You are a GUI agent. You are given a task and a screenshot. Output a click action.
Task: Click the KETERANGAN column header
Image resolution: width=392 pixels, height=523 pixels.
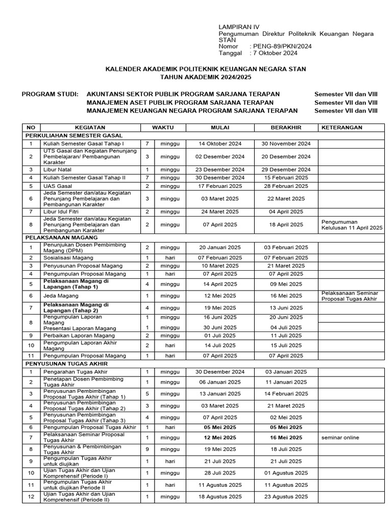(x=341, y=127)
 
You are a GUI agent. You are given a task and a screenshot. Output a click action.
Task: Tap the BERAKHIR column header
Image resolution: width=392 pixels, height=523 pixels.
(x=286, y=127)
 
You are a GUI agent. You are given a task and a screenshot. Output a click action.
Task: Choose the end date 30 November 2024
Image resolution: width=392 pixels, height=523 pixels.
(x=286, y=144)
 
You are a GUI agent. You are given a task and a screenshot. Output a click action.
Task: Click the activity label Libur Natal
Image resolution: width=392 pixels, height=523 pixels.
(x=58, y=169)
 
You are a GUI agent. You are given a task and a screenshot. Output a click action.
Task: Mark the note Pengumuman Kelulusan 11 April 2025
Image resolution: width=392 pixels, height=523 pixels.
(x=352, y=225)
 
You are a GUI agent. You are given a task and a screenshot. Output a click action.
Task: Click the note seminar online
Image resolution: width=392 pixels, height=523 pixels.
(x=340, y=437)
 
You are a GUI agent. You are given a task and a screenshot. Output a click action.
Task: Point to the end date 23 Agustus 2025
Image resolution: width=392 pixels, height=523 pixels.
(x=286, y=496)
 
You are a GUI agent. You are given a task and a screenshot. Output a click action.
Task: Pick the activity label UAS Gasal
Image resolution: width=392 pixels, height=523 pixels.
(x=58, y=186)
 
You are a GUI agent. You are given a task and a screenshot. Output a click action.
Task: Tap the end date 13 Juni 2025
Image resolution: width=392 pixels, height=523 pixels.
(x=286, y=307)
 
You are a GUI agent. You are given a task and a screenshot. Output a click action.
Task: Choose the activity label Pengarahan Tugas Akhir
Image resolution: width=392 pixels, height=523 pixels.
(x=76, y=372)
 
